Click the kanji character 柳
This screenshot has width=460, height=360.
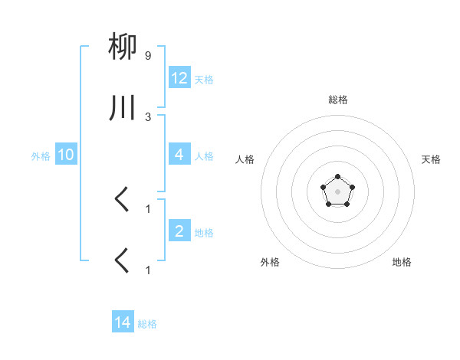point(123,48)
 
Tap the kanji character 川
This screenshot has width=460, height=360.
point(123,109)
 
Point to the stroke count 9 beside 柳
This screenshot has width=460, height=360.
point(148,56)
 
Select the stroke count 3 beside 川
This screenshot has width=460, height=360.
point(148,116)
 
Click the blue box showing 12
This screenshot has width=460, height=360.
point(179,77)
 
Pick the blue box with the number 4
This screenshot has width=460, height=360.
point(179,155)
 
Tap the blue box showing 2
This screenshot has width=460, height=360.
point(179,231)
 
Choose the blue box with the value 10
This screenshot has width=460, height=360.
point(66,155)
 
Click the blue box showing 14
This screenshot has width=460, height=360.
point(123,322)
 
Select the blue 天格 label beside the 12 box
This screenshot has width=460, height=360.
point(204,79)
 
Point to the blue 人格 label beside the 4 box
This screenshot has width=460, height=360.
point(204,155)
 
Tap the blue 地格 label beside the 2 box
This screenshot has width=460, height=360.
point(204,232)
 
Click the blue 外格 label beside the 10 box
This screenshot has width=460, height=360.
point(41,155)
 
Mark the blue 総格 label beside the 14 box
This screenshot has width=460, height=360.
point(147,324)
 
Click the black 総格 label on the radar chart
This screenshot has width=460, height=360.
point(338,100)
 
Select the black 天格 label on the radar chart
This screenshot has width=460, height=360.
point(431,159)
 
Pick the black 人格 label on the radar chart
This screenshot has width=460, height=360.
point(245,159)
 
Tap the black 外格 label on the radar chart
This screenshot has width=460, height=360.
point(270,262)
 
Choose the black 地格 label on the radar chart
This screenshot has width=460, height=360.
point(402,262)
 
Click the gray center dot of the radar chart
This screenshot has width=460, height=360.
point(337,191)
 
